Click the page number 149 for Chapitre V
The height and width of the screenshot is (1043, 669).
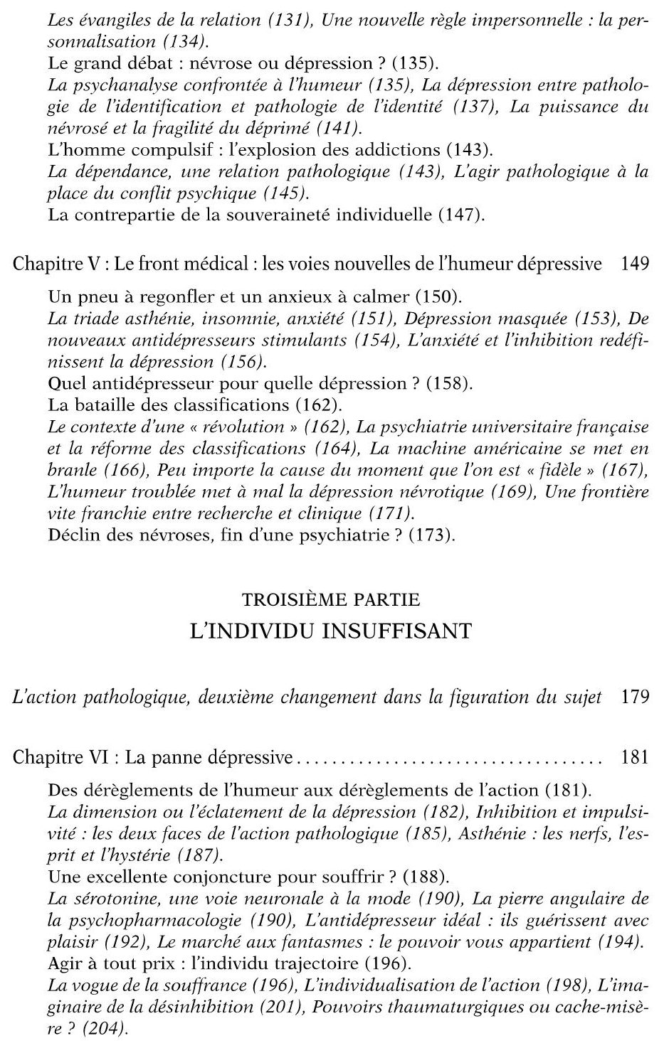coord(635,264)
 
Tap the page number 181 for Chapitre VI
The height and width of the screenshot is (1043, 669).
coord(635,758)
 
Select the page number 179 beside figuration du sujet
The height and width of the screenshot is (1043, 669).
coord(635,697)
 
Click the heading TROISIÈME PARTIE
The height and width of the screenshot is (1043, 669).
coord(331,599)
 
